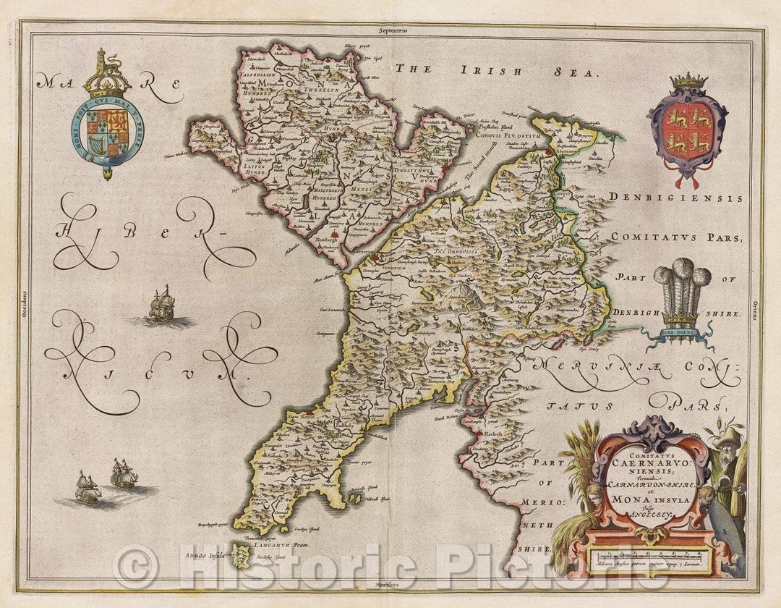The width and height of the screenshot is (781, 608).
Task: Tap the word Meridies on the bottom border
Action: pos(390,583)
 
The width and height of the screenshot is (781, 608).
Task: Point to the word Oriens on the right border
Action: pos(754,310)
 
